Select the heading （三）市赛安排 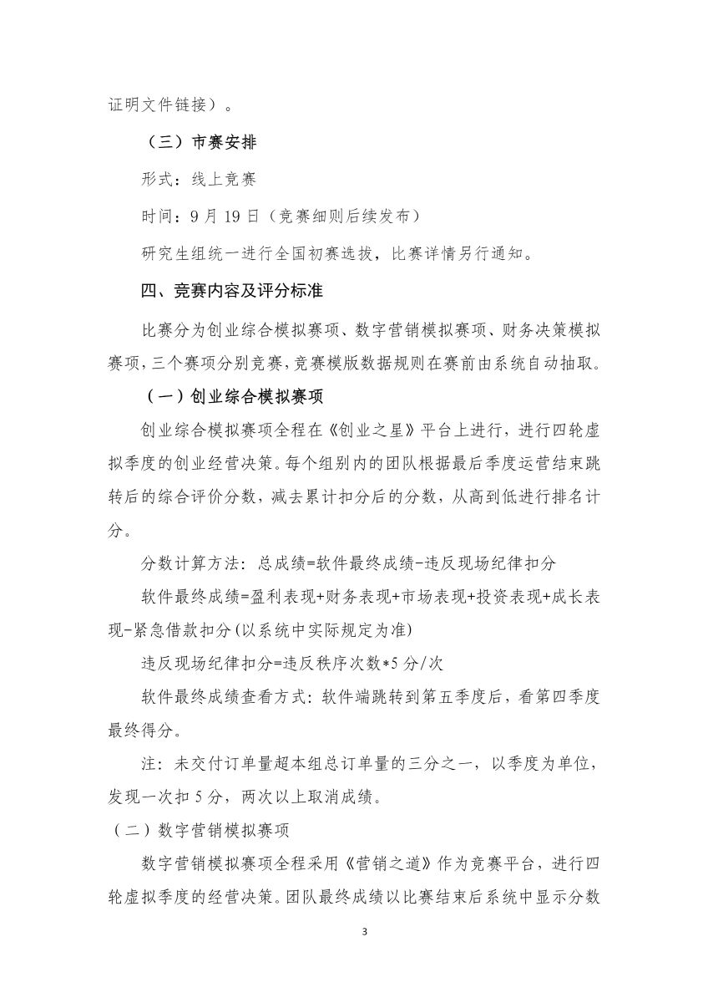coord(199,142)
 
